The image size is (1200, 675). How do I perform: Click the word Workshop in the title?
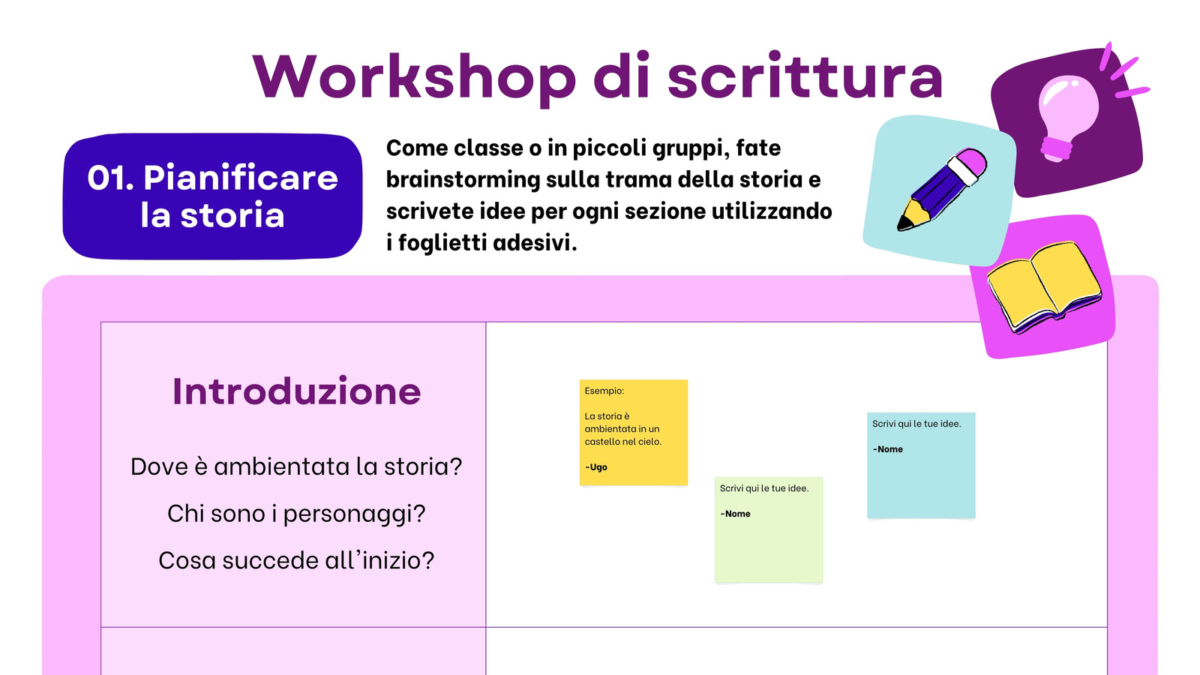click(x=414, y=78)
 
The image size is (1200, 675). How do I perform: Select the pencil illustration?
click(x=942, y=190)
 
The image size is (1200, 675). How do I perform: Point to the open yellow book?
click(x=1044, y=286)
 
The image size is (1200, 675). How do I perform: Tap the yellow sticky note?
click(x=634, y=432)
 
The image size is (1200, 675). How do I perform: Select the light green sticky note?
click(x=769, y=529)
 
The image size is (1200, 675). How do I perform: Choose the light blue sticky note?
click(x=922, y=465)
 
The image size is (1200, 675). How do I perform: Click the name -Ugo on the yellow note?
click(x=596, y=467)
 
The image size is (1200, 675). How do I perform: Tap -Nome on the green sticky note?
click(x=736, y=514)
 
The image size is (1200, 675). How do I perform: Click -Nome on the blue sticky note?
click(x=888, y=449)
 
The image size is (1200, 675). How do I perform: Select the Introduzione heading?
click(x=296, y=391)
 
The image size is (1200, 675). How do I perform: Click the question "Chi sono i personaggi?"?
click(x=296, y=514)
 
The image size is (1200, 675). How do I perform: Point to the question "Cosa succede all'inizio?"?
click(x=296, y=560)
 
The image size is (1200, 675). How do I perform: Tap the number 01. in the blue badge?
click(x=111, y=178)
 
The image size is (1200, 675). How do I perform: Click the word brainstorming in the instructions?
click(x=463, y=180)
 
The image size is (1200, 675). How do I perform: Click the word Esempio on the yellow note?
click(x=604, y=391)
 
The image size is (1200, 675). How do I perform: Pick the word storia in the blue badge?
click(x=232, y=215)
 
